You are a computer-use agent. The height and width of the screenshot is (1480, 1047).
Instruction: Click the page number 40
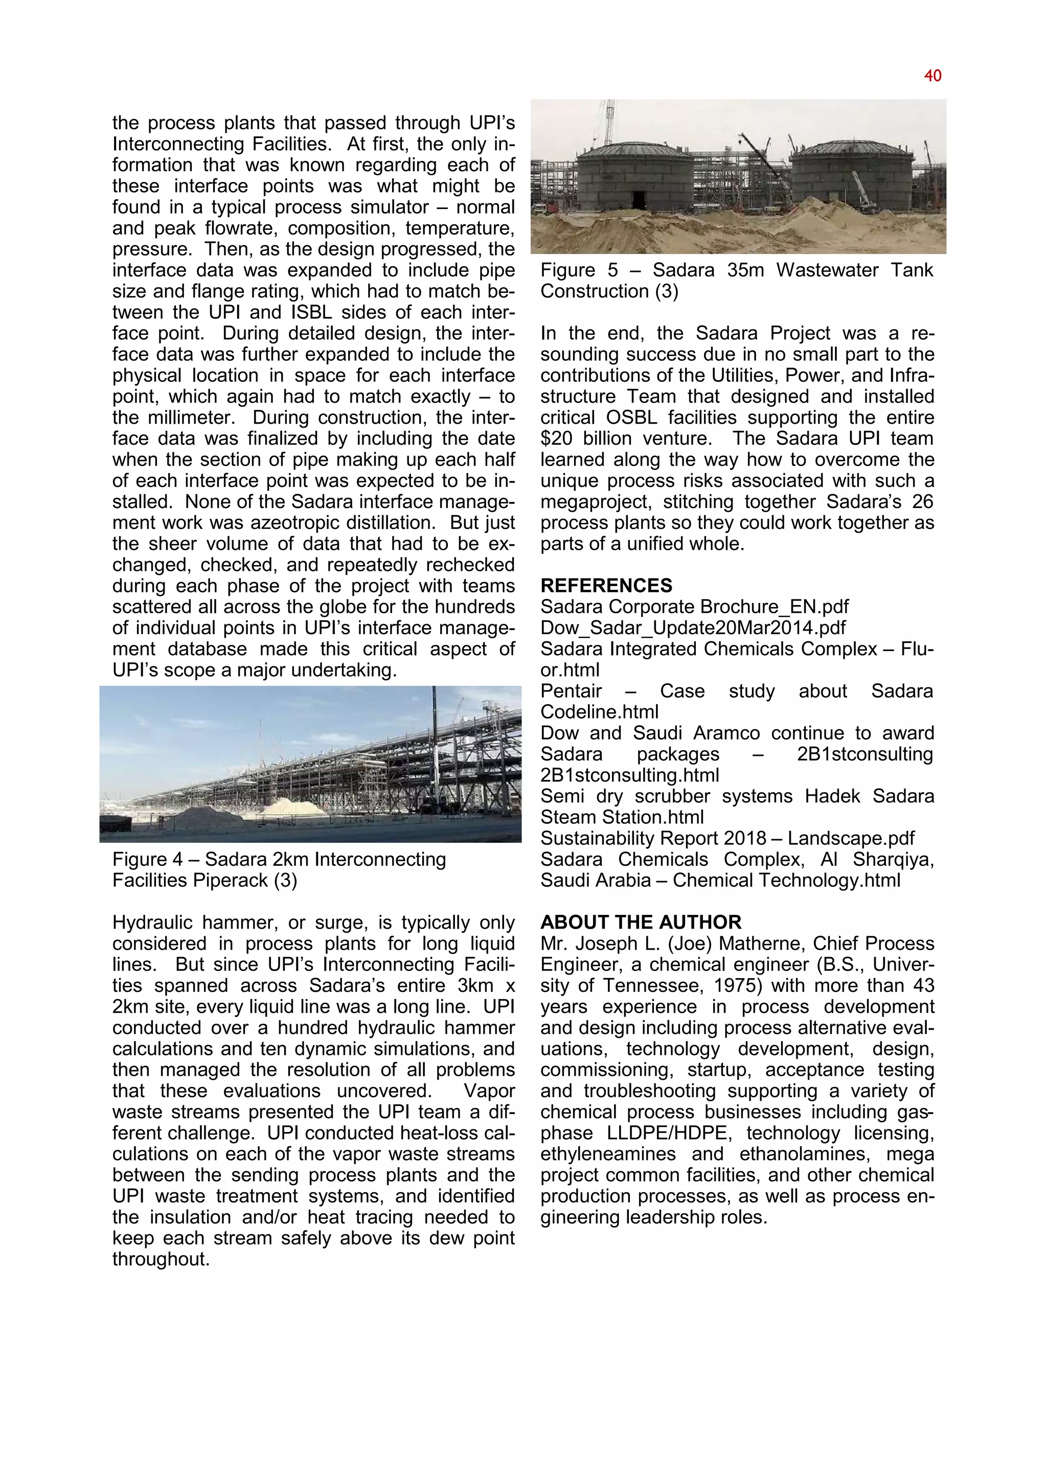tap(932, 76)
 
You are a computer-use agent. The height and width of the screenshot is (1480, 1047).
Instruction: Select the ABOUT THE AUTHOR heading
tap(641, 922)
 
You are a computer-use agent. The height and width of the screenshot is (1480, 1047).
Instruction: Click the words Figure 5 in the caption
tap(578, 270)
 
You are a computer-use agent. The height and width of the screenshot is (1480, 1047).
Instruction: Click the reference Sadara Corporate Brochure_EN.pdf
tap(694, 607)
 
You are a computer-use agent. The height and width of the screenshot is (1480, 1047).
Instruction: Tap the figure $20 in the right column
tap(558, 438)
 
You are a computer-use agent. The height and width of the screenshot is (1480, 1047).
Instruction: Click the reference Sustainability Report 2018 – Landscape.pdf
tap(727, 838)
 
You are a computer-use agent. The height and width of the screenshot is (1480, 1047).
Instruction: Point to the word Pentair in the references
tap(571, 691)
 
